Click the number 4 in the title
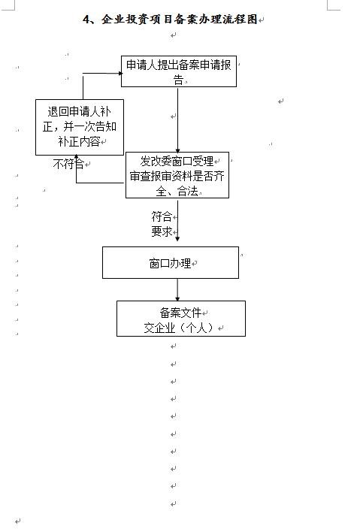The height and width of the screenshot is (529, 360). (86, 20)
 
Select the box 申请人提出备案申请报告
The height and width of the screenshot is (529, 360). (179, 71)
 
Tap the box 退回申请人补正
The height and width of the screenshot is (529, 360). (80, 127)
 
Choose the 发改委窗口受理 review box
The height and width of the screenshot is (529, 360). (177, 175)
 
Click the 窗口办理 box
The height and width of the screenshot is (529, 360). (171, 262)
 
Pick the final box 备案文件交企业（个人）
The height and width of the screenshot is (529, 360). (181, 319)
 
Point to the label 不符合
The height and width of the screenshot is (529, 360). (68, 164)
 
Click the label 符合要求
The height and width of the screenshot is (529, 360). (162, 224)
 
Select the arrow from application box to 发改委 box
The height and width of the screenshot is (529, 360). (178, 119)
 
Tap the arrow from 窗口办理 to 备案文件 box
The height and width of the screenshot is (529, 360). (177, 289)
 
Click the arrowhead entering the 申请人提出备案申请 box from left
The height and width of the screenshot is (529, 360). (119, 73)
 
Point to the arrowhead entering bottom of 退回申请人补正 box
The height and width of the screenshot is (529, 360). (77, 157)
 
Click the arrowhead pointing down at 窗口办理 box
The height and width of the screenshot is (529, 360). (177, 239)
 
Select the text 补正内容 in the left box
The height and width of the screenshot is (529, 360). (79, 141)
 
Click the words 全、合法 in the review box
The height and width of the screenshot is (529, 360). (177, 192)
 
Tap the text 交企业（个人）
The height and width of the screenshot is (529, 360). (179, 328)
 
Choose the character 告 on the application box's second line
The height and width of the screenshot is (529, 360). (178, 80)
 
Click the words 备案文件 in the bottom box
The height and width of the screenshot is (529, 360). (181, 313)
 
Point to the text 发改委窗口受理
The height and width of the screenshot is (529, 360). (177, 162)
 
